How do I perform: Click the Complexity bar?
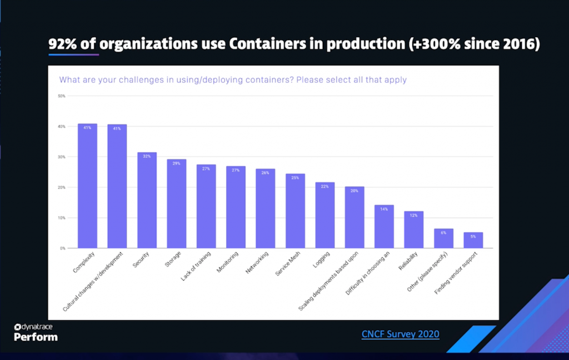pyautogui.click(x=87, y=186)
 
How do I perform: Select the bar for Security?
pyautogui.click(x=147, y=200)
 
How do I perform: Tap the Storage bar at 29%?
pyautogui.click(x=176, y=204)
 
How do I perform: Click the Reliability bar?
pyautogui.click(x=413, y=229)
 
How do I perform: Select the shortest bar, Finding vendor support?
pyautogui.click(x=473, y=240)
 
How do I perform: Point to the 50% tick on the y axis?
pyautogui.click(x=62, y=96)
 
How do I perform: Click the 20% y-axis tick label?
pyautogui.click(x=62, y=187)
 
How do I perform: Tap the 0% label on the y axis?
pyautogui.click(x=63, y=248)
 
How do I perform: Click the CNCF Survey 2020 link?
pyautogui.click(x=400, y=334)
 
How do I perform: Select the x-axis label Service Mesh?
pyautogui.click(x=288, y=263)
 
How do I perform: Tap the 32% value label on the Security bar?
pyautogui.click(x=147, y=156)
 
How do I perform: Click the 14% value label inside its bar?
pyautogui.click(x=384, y=209)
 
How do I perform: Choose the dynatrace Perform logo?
pyautogui.click(x=36, y=332)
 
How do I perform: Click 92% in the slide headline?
pyautogui.click(x=63, y=44)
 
